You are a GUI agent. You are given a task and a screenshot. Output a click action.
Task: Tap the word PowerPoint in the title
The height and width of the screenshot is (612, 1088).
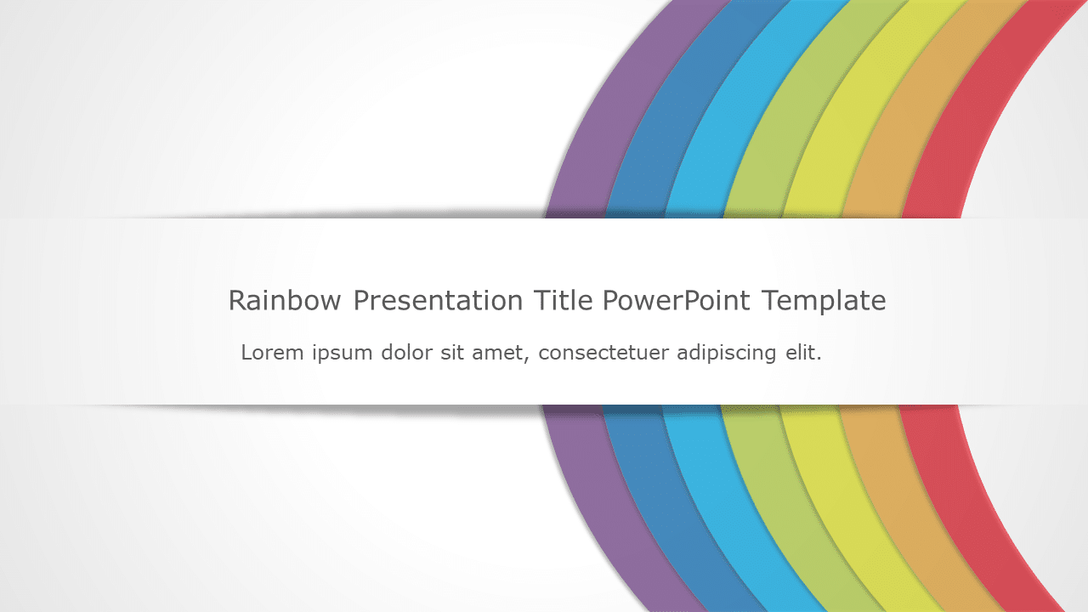coord(677,300)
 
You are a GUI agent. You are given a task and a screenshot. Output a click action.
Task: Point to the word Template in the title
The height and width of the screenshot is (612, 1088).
coord(824,301)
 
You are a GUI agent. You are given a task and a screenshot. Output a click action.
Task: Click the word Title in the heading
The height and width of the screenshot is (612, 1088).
coord(563,300)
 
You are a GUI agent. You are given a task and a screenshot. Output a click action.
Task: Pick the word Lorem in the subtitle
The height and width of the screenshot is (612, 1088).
coord(272,352)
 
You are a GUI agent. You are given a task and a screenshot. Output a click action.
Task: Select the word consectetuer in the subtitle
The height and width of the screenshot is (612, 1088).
coord(603,352)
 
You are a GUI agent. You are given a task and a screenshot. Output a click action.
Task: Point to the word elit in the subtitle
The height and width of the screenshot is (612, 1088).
coord(802,352)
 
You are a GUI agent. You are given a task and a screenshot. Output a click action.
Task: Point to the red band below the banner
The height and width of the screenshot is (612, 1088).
coord(969,510)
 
